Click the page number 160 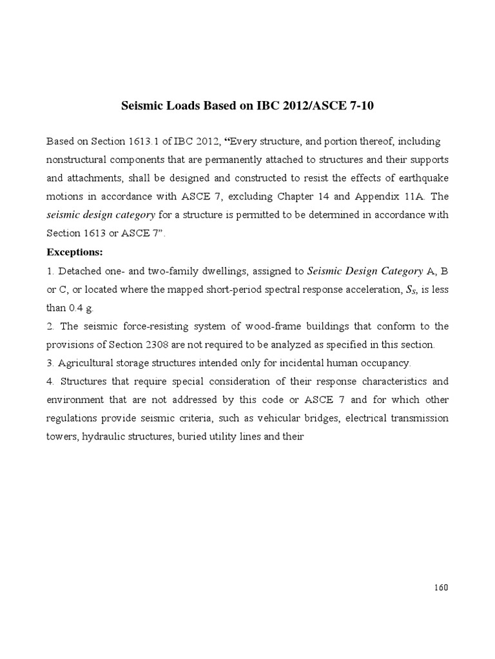[x=440, y=588]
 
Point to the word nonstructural [x=78, y=159]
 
